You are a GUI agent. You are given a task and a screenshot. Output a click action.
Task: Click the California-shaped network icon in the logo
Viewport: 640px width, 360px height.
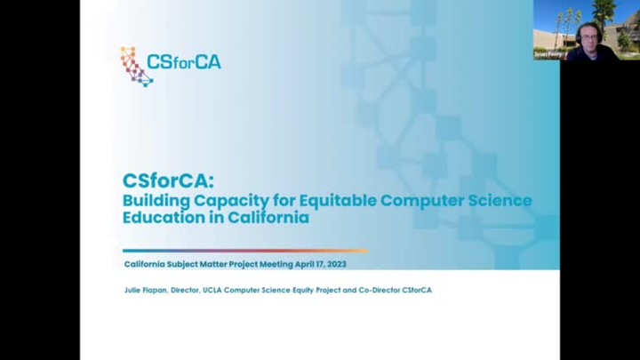pyautogui.click(x=136, y=66)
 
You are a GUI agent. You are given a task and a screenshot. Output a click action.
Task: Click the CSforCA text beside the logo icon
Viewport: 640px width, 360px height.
pyautogui.click(x=184, y=62)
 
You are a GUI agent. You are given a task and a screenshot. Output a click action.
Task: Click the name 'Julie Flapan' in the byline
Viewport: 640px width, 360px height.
pyautogui.click(x=147, y=290)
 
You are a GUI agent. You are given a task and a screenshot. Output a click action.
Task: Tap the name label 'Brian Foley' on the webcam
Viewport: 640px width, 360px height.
pyautogui.click(x=550, y=53)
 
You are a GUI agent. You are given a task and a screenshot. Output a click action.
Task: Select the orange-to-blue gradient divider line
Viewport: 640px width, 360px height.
pyautogui.click(x=244, y=251)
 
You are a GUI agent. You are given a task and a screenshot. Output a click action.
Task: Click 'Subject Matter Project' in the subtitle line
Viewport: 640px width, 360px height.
pyautogui.click(x=213, y=264)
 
